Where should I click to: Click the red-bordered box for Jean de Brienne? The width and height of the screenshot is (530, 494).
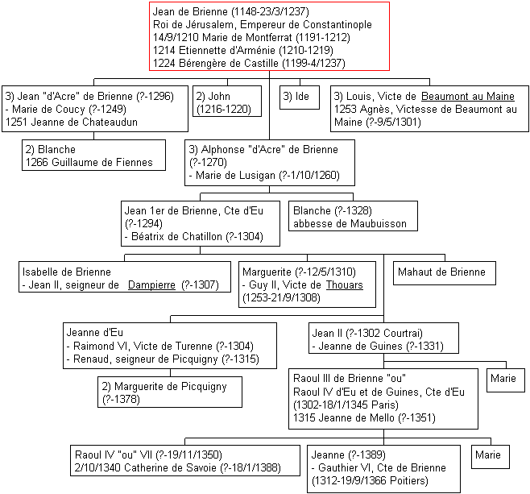[x=269, y=36]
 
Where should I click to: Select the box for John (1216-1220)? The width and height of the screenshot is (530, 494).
[x=227, y=101]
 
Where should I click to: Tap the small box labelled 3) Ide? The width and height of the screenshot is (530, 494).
[x=300, y=98]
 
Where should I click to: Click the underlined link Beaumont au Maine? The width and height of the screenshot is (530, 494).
[x=468, y=97]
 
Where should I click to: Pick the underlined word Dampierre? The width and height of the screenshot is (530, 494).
[x=151, y=285]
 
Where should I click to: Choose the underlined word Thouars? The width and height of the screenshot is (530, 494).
[x=345, y=285]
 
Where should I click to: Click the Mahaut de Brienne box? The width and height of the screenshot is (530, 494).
[x=445, y=273]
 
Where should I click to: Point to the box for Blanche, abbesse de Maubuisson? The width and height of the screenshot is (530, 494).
[x=353, y=216]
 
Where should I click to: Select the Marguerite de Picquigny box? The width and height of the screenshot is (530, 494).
[x=170, y=392]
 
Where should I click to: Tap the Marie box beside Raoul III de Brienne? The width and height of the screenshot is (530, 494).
[x=506, y=380]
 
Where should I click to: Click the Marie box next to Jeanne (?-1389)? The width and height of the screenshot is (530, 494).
[x=491, y=457]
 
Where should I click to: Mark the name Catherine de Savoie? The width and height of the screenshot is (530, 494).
[x=171, y=467]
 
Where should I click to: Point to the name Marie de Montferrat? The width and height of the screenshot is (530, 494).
[x=247, y=37]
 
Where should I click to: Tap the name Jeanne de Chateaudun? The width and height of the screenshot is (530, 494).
[x=84, y=122]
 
